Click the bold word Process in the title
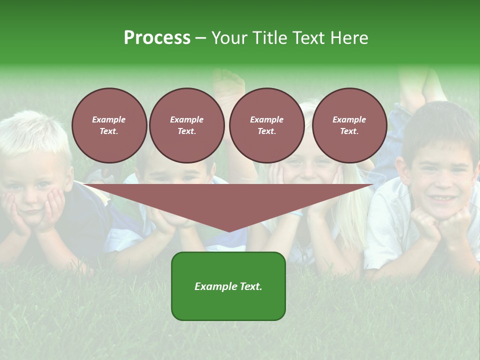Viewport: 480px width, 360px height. tap(157, 38)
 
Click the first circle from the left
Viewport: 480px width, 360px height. tap(109, 125)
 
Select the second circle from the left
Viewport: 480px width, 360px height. tap(187, 125)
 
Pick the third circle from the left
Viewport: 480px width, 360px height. tap(266, 125)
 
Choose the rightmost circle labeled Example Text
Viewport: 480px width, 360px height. tap(349, 125)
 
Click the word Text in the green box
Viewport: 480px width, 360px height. tap(250, 286)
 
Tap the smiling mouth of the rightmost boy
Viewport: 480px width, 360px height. tap(440, 198)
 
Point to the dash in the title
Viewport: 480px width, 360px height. tap(200, 38)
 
